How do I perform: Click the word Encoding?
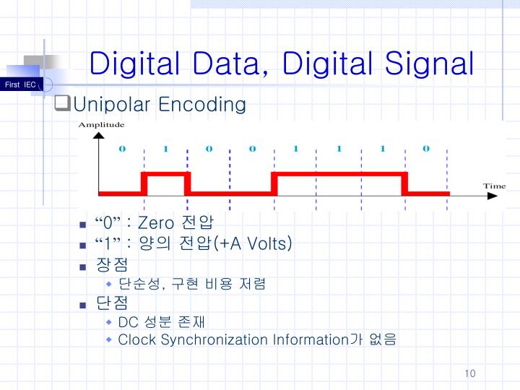pyautogui.click(x=202, y=105)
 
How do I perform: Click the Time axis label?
pyautogui.click(x=494, y=186)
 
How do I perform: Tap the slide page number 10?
pyautogui.click(x=470, y=373)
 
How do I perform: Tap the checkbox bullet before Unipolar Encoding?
pyautogui.click(x=61, y=105)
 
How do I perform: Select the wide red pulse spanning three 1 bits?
pyautogui.click(x=339, y=174)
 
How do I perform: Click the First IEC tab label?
pyautogui.click(x=19, y=85)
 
